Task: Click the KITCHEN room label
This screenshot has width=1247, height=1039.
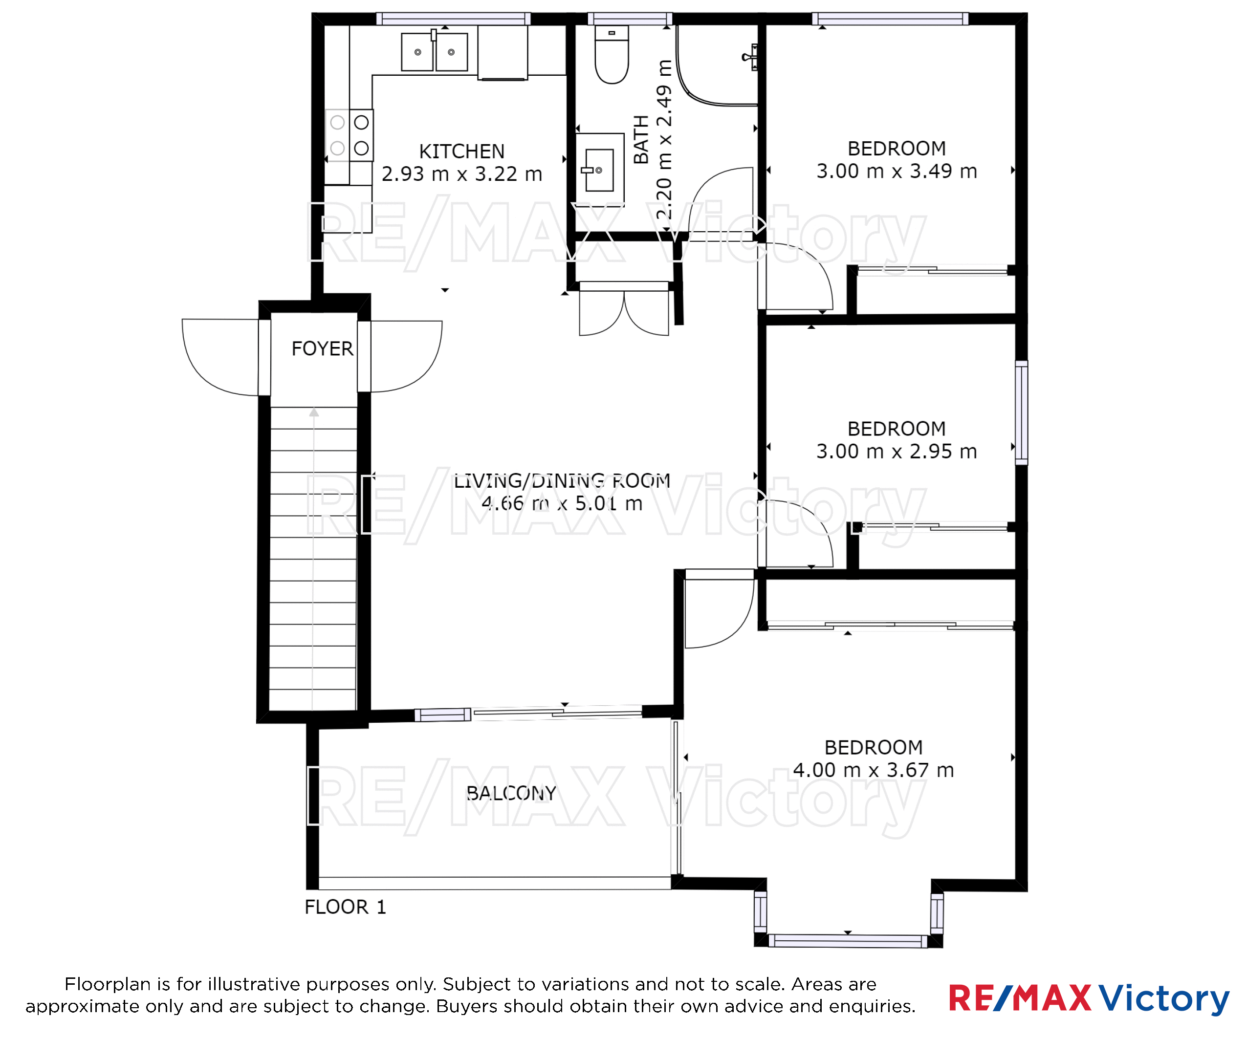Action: pos(461,152)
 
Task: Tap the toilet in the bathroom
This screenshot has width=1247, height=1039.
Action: pos(612,55)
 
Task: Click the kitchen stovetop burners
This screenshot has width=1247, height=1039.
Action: pos(349,135)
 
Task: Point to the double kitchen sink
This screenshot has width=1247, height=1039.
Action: pos(434,52)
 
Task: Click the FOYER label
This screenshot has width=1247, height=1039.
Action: pos(322,348)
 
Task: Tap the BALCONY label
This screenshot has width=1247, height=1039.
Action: pos(511,793)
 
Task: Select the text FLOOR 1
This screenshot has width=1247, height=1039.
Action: pos(345,907)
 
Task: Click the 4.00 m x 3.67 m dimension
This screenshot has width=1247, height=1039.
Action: pos(874,770)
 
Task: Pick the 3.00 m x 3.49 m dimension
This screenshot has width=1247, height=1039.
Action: pos(897,171)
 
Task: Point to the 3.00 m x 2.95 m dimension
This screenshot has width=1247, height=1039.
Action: pos(897,451)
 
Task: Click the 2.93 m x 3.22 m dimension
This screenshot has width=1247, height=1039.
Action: pos(461,174)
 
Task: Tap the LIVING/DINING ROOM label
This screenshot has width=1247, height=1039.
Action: pos(562,480)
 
